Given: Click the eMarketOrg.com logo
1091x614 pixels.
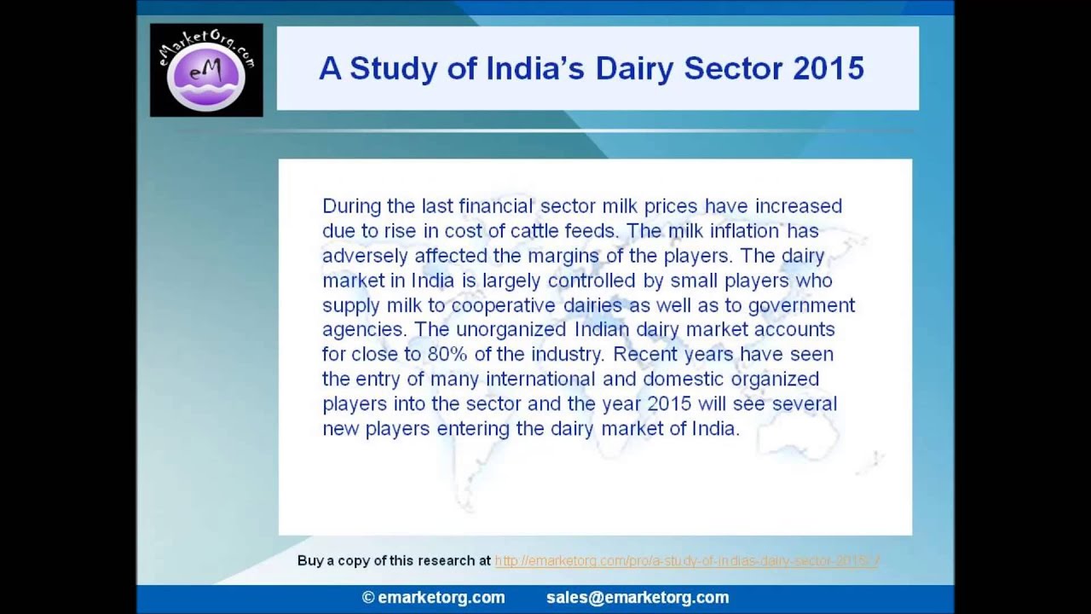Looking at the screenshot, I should click(x=206, y=70).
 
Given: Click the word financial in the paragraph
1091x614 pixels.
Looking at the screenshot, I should click(x=494, y=206).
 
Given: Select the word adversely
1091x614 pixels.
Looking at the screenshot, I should click(x=365, y=256).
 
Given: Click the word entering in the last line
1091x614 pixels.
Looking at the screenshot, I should click(x=473, y=428).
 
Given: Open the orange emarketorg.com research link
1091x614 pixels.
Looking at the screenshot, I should click(x=686, y=561).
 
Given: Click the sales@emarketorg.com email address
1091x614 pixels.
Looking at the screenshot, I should click(x=638, y=598).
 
